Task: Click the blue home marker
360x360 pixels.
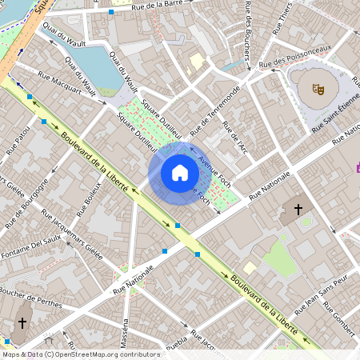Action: [x=179, y=172]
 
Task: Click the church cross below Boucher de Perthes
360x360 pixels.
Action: [x=22, y=323]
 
